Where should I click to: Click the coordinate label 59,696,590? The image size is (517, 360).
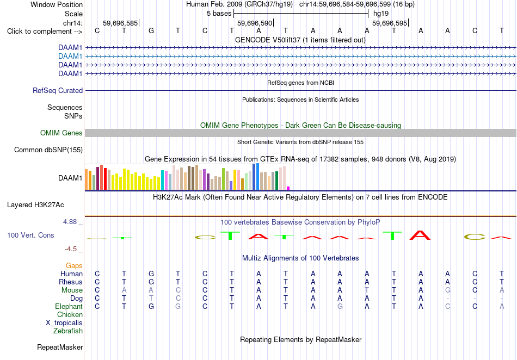[255, 23]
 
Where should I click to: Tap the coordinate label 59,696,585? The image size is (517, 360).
[120, 23]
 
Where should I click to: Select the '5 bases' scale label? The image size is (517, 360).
[219, 14]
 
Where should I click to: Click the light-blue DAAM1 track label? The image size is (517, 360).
[70, 57]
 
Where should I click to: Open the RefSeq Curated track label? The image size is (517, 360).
[58, 91]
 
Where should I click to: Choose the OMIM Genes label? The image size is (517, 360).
[61, 133]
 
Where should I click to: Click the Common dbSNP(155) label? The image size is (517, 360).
[48, 150]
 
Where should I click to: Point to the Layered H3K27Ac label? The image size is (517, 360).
[35, 205]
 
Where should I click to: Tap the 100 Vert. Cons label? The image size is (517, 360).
[30, 235]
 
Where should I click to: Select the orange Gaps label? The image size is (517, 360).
[74, 265]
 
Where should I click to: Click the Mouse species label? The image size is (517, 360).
[72, 290]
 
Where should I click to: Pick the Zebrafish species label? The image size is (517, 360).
[68, 331]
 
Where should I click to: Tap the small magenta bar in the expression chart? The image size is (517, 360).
[288, 188]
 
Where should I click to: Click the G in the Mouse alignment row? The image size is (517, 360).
[447, 290]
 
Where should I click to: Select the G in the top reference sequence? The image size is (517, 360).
[151, 31]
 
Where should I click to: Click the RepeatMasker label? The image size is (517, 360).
[60, 347]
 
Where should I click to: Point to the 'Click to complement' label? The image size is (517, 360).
[45, 32]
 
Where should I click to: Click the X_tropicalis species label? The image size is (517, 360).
[64, 323]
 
